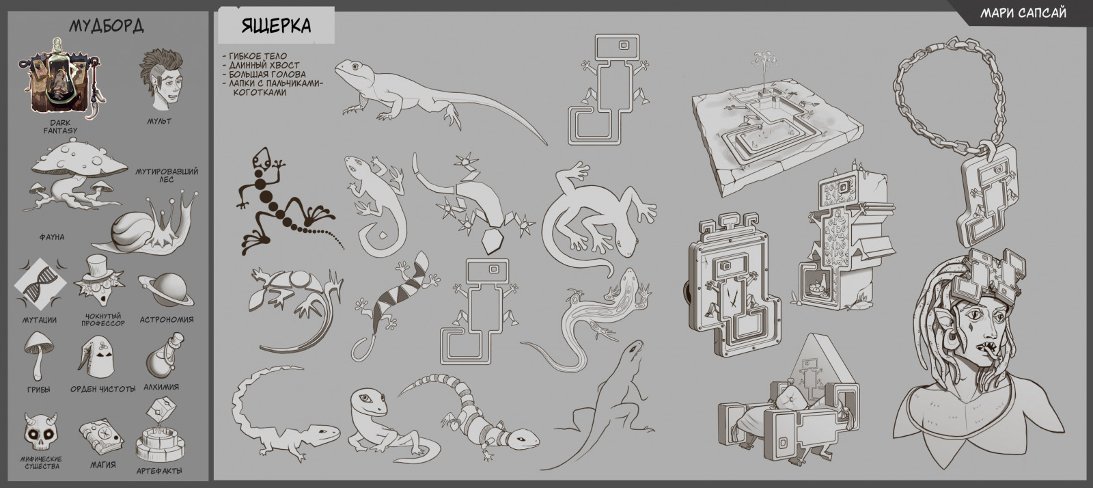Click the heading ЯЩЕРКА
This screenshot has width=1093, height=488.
point(276,25)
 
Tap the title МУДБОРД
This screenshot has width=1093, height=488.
point(107,26)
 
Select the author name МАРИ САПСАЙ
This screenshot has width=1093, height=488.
point(1023,13)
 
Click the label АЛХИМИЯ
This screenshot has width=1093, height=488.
point(161,387)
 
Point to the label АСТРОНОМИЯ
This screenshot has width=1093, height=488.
point(167,320)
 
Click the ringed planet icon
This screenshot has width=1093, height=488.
point(166,290)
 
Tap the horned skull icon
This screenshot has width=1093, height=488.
point(41,432)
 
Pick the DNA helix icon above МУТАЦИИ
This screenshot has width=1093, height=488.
point(40,284)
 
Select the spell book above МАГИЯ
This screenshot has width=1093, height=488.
point(102,437)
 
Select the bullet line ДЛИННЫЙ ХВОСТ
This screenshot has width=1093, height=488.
point(264,66)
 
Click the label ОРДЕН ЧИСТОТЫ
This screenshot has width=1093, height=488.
point(103,389)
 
